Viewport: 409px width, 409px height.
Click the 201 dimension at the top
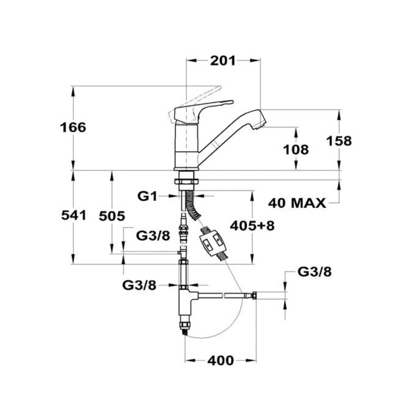[x=223, y=61]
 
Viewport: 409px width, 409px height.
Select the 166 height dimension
[x=73, y=128]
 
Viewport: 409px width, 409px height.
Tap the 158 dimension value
[x=339, y=141]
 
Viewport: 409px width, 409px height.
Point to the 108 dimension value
[x=296, y=150]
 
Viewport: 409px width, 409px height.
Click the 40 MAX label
[x=297, y=203]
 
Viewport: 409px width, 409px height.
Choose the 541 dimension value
[x=74, y=216]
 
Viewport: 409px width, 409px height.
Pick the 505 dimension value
[x=112, y=216]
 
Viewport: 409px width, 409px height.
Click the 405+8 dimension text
[x=252, y=226]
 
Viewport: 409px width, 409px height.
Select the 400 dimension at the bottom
[x=221, y=360]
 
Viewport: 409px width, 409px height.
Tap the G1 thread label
[x=147, y=196]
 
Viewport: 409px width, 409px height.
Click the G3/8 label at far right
[x=315, y=272]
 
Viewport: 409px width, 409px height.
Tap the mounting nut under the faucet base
[x=186, y=182]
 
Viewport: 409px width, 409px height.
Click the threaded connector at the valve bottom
[x=185, y=326]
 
